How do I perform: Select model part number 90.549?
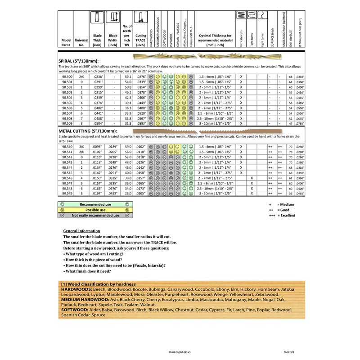pos(65,193)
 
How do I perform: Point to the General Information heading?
pos(82,231)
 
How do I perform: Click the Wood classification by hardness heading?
pos(98,284)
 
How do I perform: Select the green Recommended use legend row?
pos(96,204)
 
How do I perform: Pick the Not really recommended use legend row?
pos(96,216)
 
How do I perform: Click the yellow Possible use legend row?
pos(96,210)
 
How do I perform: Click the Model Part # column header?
pos(65,42)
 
